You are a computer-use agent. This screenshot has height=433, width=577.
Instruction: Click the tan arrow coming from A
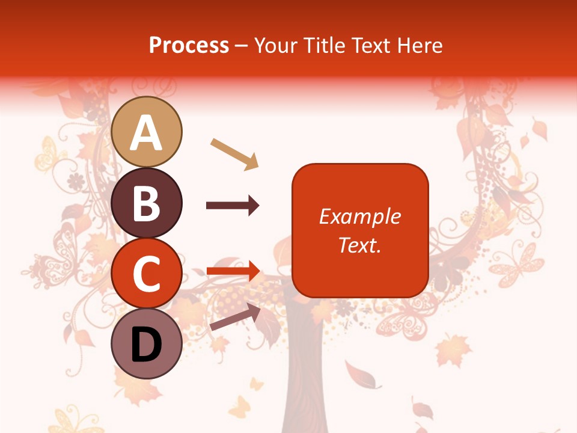click(x=234, y=153)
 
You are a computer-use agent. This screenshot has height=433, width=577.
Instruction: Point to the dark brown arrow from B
click(x=233, y=206)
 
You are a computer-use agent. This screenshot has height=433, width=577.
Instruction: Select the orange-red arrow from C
click(x=233, y=271)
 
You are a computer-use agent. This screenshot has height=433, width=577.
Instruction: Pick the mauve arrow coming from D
click(x=235, y=317)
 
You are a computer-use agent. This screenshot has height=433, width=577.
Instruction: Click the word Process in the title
click(x=189, y=45)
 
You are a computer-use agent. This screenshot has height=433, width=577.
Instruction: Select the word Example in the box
click(x=359, y=216)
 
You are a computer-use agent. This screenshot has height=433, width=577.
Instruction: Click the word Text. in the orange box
click(x=359, y=245)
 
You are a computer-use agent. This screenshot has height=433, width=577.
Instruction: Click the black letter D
click(x=147, y=345)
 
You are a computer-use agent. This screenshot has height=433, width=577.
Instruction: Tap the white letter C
click(x=147, y=274)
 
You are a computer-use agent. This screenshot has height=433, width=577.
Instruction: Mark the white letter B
click(x=147, y=203)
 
